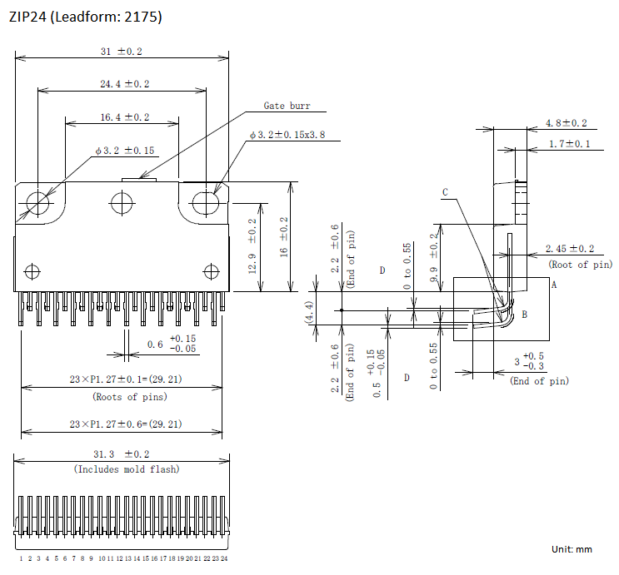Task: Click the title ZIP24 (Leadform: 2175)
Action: pos(85,17)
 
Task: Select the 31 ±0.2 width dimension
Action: pos(121,52)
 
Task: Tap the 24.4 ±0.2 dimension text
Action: pos(125,84)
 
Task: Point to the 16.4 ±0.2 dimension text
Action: pos(125,117)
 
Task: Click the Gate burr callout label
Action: pos(287,106)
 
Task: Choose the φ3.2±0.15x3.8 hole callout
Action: pos(287,135)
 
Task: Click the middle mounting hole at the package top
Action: pos(122,203)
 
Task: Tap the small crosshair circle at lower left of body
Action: pos(32,272)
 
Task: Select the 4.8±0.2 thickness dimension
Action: pos(567,123)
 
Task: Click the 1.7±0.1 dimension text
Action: pos(569,144)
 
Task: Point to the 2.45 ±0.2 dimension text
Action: pos(570,249)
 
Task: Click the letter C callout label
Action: pos(446,192)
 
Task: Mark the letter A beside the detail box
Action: pos(554,285)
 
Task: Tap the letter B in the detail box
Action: pos(525,315)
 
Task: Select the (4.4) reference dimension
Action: pos(310,312)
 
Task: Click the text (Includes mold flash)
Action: pos(127,469)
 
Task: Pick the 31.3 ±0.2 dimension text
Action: pos(121,454)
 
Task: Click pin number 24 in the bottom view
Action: pos(224,558)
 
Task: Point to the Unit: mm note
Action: pos(572,549)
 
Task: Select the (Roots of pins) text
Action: pos(130,396)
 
